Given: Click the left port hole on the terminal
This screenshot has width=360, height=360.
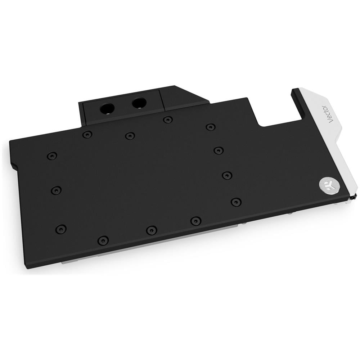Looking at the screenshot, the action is (x=107, y=108).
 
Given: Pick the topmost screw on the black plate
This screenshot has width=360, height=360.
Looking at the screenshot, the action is (x=168, y=120).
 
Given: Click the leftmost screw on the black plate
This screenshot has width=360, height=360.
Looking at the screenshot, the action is (x=52, y=156).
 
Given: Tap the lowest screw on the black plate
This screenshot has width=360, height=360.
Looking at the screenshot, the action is (x=103, y=240).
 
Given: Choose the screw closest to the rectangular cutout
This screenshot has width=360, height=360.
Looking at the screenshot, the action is (x=211, y=127).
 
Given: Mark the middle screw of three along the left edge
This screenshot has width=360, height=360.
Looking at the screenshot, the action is (x=56, y=190).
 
